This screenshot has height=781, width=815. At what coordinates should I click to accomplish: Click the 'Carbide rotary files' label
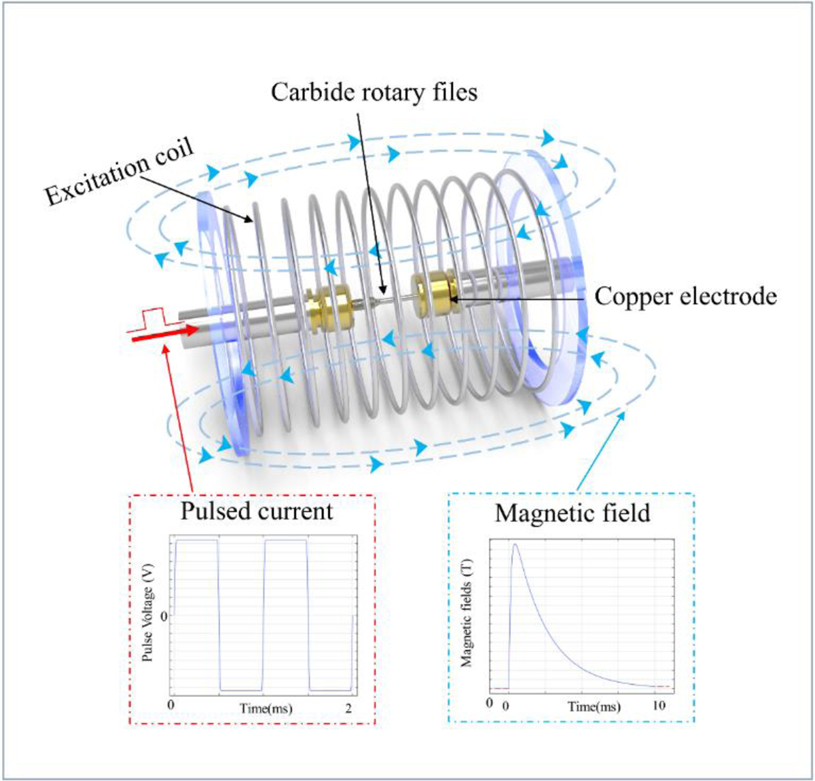[374, 92]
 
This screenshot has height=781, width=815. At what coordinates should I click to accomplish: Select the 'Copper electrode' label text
[685, 297]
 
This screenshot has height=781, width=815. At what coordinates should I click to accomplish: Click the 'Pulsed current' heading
[257, 511]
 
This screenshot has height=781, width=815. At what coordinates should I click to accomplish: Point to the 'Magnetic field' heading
[572, 513]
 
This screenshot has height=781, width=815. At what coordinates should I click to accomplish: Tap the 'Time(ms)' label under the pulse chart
[266, 709]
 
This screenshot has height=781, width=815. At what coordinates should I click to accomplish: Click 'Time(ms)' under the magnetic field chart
[594, 706]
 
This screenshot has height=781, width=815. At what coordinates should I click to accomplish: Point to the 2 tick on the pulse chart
[348, 708]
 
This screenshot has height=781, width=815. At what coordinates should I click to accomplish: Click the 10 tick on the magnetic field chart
[659, 706]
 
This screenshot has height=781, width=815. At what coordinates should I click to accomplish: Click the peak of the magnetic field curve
[515, 544]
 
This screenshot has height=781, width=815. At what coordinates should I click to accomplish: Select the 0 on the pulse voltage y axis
[163, 615]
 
